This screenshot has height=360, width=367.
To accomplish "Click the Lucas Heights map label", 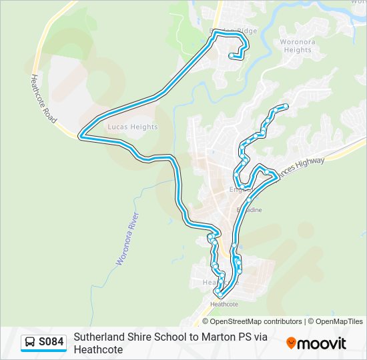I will click(x=132, y=127).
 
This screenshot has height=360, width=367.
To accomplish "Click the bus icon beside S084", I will click(x=30, y=343).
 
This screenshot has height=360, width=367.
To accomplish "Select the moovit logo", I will click(x=316, y=343).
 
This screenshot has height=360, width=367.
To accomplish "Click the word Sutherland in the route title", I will click(x=99, y=337).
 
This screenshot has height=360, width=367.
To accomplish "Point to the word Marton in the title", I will click(x=224, y=337).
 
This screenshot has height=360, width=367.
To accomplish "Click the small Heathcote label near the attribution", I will click(x=224, y=305).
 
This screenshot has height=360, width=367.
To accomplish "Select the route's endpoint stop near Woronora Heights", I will click(x=286, y=106).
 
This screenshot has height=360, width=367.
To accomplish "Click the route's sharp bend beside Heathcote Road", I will click(x=81, y=135).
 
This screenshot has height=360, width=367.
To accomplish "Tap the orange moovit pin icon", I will click(x=291, y=343).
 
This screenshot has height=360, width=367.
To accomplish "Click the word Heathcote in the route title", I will click(x=98, y=349).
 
